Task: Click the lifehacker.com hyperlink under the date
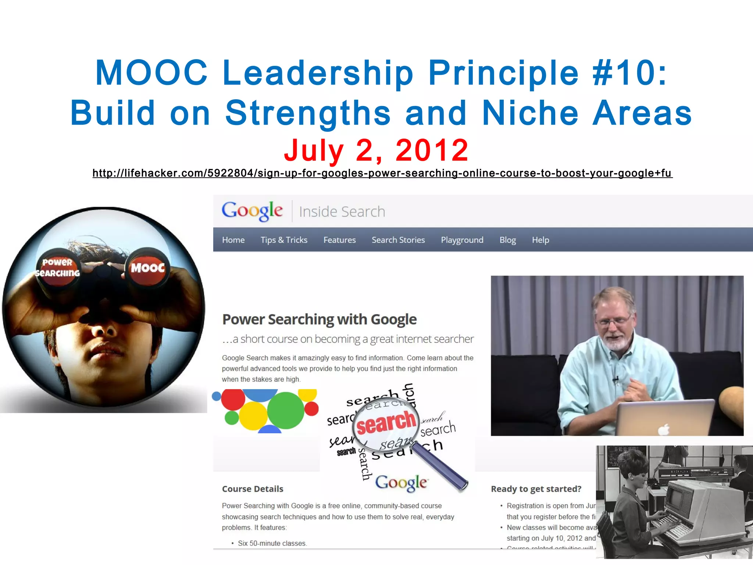pos(382,173)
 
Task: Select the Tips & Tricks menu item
pos(284,240)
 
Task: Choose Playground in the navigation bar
pos(462,240)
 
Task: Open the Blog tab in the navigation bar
pos(507,240)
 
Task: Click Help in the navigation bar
pos(540,240)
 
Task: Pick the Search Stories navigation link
pos(398,240)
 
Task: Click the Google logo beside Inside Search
pos(252,211)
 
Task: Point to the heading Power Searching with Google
pos(320,319)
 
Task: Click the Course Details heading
pos(253,489)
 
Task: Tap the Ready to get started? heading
pos(536,489)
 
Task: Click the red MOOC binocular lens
pos(148,267)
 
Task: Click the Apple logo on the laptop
pos(664,429)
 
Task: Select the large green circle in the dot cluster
pos(286,410)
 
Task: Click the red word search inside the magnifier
pos(386,423)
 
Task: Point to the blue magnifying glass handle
pos(441,467)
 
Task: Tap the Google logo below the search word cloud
pos(401,483)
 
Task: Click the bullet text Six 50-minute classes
pos(272,543)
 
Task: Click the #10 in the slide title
pos(629,73)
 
